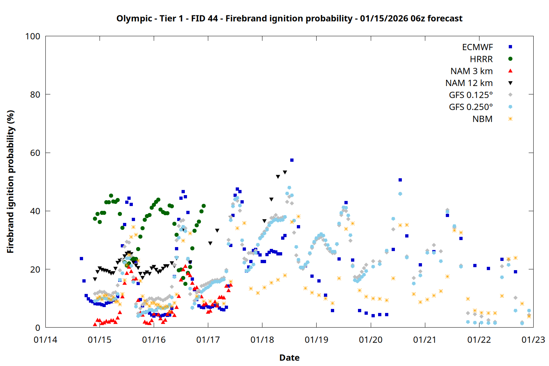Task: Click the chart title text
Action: pos(289,18)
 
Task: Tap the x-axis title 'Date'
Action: pos(289,358)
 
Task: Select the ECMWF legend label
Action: pos(477,47)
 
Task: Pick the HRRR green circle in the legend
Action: pos(510,59)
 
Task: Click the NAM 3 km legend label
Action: pos(471,71)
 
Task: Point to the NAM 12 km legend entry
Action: pos(469,83)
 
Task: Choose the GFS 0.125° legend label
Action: pos(471,95)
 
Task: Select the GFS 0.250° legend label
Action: pos(471,107)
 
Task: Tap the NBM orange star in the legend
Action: pos(510,119)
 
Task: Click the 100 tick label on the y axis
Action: pos(33,36)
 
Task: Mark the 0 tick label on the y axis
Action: pos(38,328)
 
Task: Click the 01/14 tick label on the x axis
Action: pos(45,340)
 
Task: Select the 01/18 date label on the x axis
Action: pos(262,340)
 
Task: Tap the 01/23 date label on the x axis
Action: pos(533,340)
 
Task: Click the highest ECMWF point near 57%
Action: pos(292,160)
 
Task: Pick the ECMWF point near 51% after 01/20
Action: pos(400,180)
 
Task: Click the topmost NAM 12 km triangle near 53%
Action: pos(285,172)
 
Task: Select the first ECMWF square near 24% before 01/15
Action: pos(81,258)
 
